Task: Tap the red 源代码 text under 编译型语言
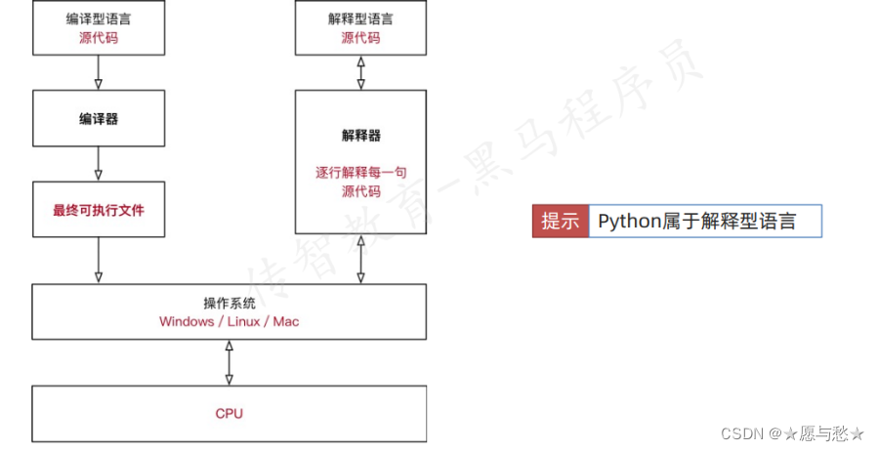click(x=98, y=39)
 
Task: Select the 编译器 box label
click(x=98, y=119)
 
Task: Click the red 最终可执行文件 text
click(x=98, y=209)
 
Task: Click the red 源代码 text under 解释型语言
click(x=360, y=39)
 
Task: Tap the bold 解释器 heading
click(x=360, y=136)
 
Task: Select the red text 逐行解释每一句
click(x=360, y=173)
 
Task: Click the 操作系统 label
click(x=229, y=303)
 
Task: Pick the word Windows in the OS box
click(x=187, y=321)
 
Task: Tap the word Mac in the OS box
click(x=286, y=321)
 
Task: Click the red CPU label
click(x=229, y=413)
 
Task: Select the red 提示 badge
click(x=560, y=221)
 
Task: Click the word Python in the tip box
click(x=629, y=221)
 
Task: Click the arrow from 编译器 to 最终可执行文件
click(x=99, y=164)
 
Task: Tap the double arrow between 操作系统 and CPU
click(x=230, y=362)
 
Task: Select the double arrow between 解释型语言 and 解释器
click(x=361, y=72)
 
